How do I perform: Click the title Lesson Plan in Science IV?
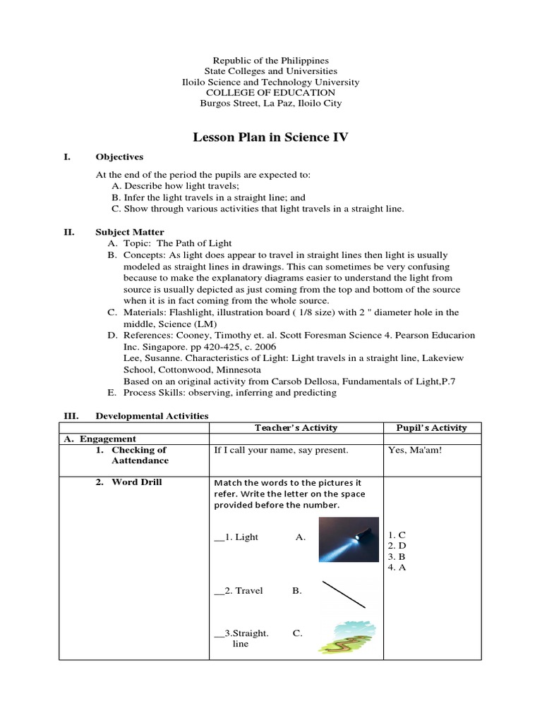tap(270, 137)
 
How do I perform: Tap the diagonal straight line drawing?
tap(344, 594)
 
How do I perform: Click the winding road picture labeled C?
tap(345, 637)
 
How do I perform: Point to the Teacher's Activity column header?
tap(296, 427)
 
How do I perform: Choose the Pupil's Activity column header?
tap(431, 427)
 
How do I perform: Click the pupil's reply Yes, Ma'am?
tap(415, 450)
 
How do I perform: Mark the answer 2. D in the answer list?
tap(397, 546)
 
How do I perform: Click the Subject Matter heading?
tap(130, 232)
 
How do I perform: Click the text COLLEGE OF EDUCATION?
tap(270, 92)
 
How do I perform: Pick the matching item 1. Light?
tap(236, 537)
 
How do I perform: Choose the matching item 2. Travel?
tap(239, 591)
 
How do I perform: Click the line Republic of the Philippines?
tap(270, 61)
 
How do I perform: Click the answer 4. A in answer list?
tap(397, 567)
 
